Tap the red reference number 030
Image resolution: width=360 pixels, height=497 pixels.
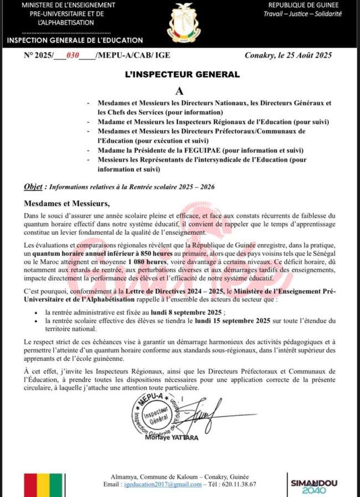(73, 55)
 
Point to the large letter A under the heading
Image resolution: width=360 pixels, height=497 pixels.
(179, 90)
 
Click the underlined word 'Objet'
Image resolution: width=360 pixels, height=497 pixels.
(34, 187)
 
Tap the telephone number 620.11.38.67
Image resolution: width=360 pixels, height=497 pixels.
(240, 484)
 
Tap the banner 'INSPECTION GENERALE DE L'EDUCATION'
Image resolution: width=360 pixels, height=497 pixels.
(75, 40)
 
